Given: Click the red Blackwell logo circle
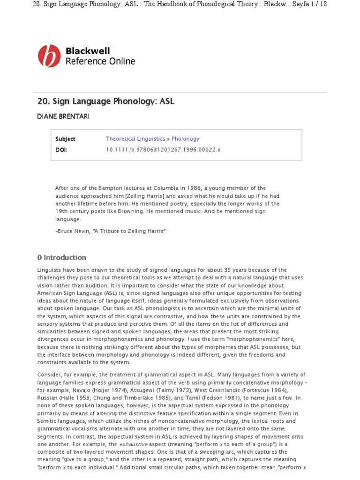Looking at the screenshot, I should click(49, 56).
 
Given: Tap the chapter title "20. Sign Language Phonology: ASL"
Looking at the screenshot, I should click(105, 101).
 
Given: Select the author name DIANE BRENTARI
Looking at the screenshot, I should click(63, 116).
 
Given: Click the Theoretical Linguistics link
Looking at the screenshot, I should click(135, 139).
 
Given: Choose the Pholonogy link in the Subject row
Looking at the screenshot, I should click(185, 139).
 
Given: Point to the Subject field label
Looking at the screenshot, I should click(65, 139).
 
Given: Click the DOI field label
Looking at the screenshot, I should click(61, 150).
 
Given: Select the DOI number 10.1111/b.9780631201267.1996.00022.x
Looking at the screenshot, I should click(163, 150).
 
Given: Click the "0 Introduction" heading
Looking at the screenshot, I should click(61, 257).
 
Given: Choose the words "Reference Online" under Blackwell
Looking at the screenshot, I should click(100, 61).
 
